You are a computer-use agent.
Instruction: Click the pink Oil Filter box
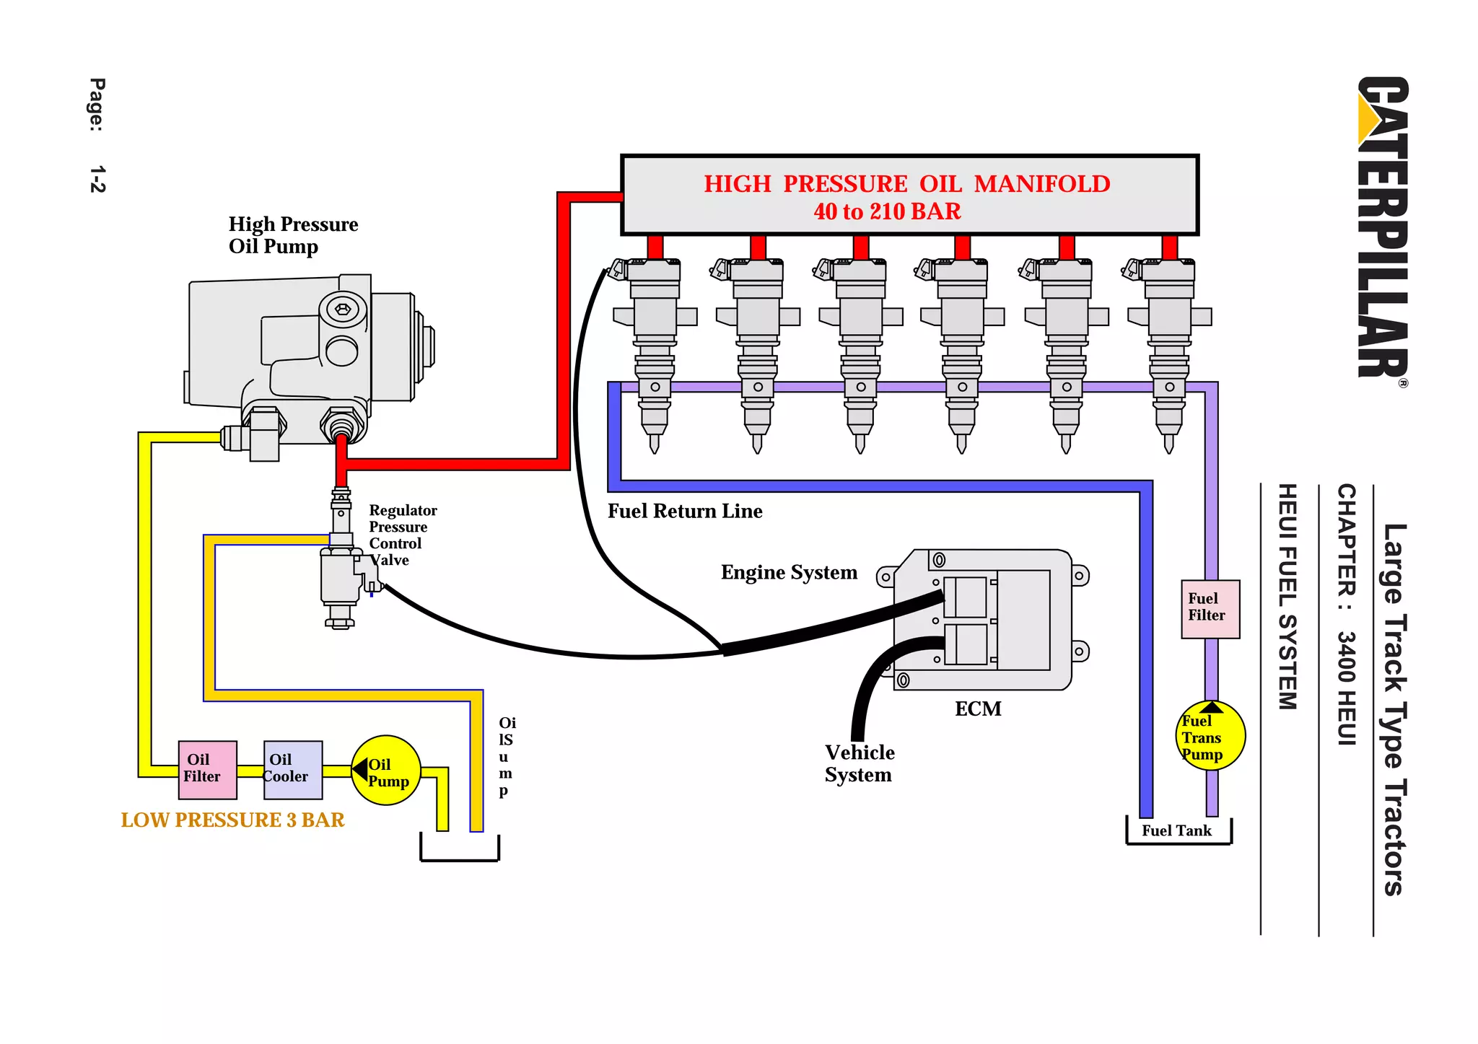pyautogui.click(x=208, y=770)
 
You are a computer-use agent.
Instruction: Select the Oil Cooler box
pyautogui.click(x=293, y=770)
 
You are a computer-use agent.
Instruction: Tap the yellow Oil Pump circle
pyautogui.click(x=386, y=771)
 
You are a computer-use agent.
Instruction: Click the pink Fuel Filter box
pyautogui.click(x=1210, y=609)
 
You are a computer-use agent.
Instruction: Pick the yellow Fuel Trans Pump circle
pyautogui.click(x=1211, y=736)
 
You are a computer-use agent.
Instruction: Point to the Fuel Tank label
pyautogui.click(x=1176, y=830)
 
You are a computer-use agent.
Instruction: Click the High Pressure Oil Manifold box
pyautogui.click(x=909, y=195)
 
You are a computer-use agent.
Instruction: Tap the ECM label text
pyautogui.click(x=978, y=709)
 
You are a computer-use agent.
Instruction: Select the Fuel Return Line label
pyautogui.click(x=685, y=511)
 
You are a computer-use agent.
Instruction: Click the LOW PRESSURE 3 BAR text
pyautogui.click(x=232, y=820)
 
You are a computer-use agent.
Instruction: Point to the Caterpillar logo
pyautogui.click(x=1382, y=229)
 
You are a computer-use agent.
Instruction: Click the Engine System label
pyautogui.click(x=789, y=572)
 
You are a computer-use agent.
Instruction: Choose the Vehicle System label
pyautogui.click(x=860, y=763)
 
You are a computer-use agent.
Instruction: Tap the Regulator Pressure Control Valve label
pyautogui.click(x=403, y=535)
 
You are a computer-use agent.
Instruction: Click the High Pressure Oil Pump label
pyautogui.click(x=293, y=235)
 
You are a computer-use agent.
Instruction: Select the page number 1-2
pyautogui.click(x=97, y=179)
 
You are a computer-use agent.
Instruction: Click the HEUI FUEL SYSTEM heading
pyautogui.click(x=1287, y=597)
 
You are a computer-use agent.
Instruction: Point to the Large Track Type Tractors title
pyautogui.click(x=1394, y=709)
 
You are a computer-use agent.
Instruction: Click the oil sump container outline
pyautogui.click(x=460, y=859)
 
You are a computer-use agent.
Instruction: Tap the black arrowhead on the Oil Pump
pyautogui.click(x=360, y=770)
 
